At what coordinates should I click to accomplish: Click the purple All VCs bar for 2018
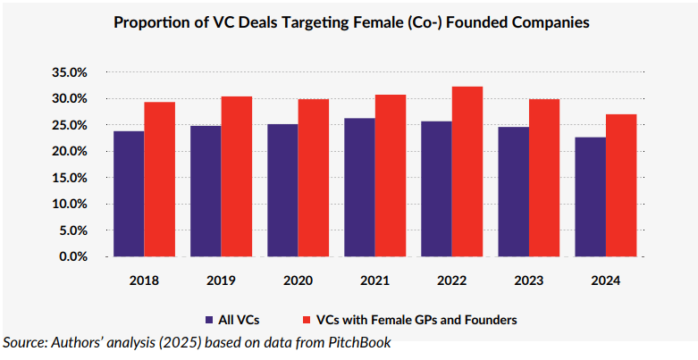click(129, 194)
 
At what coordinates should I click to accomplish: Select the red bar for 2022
click(467, 172)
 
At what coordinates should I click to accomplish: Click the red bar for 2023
click(544, 178)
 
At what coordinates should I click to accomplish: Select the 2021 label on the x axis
click(374, 280)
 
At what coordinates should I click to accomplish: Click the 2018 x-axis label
click(144, 280)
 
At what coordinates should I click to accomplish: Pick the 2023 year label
click(528, 280)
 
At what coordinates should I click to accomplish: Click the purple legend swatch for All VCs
click(208, 319)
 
